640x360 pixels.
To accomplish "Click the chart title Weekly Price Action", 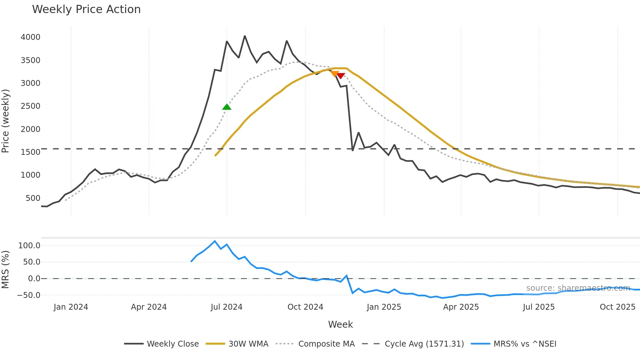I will (86, 9).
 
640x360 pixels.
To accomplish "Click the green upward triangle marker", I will (227, 107).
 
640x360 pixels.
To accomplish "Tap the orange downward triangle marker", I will (335, 74).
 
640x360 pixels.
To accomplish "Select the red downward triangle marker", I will (341, 76).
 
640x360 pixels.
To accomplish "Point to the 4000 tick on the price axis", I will (30, 37).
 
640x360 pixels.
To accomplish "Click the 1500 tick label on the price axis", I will (30, 152).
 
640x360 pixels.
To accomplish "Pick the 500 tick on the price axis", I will (33, 198).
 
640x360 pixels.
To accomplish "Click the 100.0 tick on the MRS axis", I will (29, 246).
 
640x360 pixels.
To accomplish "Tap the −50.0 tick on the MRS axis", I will (28, 295).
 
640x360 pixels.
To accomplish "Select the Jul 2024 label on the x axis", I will (226, 307).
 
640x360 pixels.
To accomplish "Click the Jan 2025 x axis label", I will (384, 307).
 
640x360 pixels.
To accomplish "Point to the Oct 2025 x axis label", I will (617, 307).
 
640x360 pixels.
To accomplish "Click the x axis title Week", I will (340, 324).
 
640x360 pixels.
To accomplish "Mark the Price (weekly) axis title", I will (6, 121).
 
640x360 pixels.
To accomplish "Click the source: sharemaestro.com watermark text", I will (578, 288).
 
